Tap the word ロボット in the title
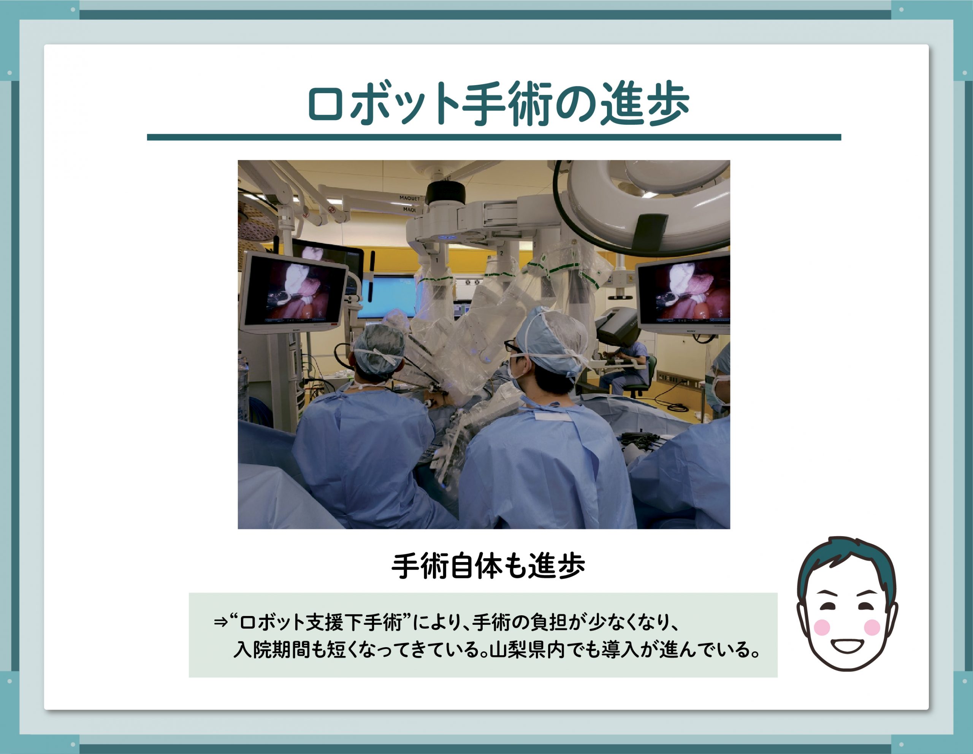click(x=383, y=103)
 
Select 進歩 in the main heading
click(x=645, y=103)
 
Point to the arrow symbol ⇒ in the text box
click(x=221, y=622)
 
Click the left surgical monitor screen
click(x=295, y=292)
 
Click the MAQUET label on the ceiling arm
click(x=409, y=198)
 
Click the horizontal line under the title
click(x=494, y=137)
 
